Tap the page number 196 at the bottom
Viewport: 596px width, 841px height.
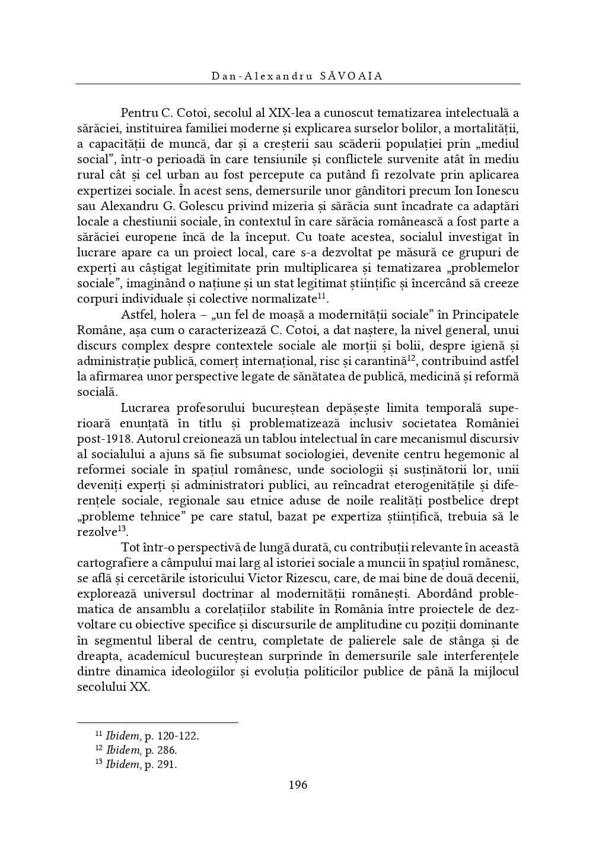click(298, 785)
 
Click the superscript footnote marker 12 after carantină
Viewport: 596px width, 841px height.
click(410, 358)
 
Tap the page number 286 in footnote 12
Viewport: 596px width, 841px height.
click(167, 750)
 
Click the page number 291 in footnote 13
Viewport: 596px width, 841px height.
click(167, 764)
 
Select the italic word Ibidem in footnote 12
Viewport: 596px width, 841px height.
click(123, 750)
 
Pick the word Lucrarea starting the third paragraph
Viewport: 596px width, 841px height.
click(145, 408)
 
